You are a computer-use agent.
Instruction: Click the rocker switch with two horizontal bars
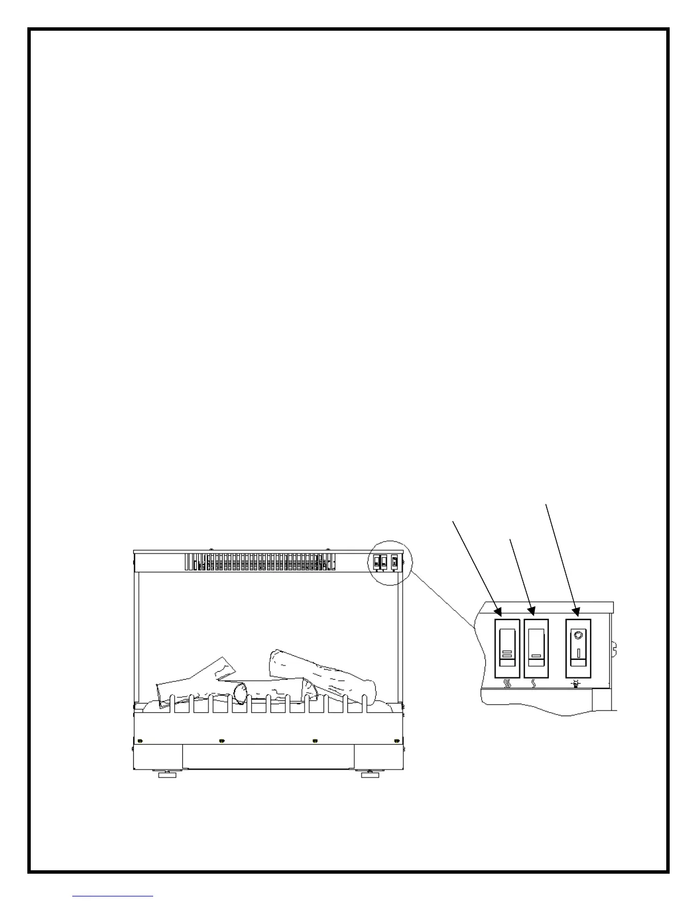tap(507, 648)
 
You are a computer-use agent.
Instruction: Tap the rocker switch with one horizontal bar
tap(536, 648)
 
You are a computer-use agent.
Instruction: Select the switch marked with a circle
tap(578, 648)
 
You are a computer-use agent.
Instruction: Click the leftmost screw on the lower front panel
tap(140, 741)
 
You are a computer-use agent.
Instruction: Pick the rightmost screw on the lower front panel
tap(396, 741)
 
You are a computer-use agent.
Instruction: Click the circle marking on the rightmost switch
tap(579, 635)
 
